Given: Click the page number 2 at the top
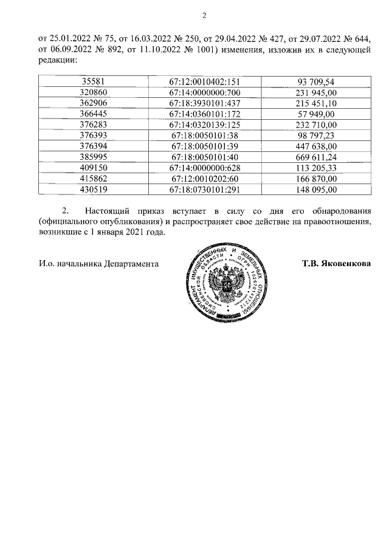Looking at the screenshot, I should pos(204,16).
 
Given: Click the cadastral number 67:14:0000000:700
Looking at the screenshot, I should pos(204,92).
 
